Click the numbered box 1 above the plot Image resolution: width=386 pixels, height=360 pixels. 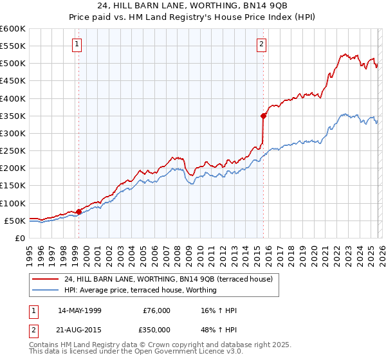(77, 44)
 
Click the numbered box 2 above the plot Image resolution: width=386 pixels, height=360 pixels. (262, 44)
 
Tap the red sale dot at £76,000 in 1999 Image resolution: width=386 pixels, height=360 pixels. (78, 212)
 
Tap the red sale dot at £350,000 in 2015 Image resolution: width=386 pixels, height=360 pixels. (263, 116)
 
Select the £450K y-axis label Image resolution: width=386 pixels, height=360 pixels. (13, 81)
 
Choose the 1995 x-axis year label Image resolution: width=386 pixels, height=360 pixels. (29, 251)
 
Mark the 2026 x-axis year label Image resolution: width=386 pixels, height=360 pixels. (381, 251)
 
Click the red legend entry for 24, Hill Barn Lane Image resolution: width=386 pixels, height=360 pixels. (169, 279)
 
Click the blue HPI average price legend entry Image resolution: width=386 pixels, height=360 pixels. (140, 290)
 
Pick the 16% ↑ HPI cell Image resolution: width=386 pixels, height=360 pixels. (219, 310)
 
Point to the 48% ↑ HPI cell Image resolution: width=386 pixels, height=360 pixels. (219, 328)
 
